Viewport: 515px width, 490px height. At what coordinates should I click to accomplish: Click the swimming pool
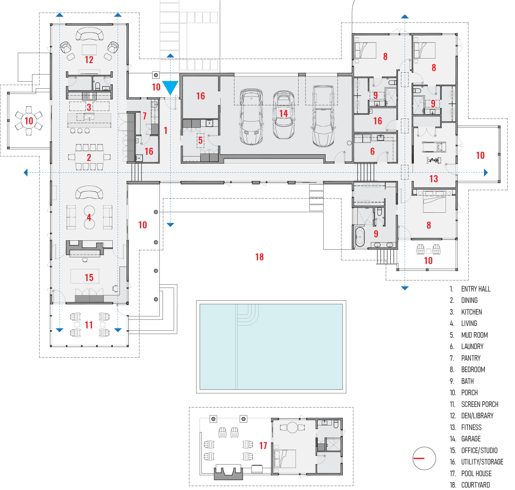coord(271,347)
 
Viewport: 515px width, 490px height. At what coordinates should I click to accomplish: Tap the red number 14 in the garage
coord(283,114)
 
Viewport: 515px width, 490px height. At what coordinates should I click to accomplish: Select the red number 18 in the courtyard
coord(259,257)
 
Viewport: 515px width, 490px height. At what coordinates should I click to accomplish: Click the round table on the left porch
coord(29,121)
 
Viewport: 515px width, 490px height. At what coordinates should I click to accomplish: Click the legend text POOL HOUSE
coord(476,473)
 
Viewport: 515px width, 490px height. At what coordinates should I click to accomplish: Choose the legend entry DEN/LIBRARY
coord(477,416)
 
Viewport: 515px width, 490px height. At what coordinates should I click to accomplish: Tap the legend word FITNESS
coord(471,427)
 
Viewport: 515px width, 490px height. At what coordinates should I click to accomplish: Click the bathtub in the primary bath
coord(360,237)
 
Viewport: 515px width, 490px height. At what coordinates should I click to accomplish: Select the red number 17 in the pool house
coord(263,446)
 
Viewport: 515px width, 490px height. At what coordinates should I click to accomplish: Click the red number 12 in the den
coord(89,60)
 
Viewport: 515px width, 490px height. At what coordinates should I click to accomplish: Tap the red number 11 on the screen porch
coord(89,325)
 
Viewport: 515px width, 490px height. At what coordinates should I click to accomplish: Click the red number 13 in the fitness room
coord(434,179)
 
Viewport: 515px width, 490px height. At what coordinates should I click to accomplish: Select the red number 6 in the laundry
coord(372,151)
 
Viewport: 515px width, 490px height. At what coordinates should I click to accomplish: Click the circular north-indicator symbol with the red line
coord(424,458)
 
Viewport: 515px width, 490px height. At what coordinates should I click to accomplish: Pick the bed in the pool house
coord(285,459)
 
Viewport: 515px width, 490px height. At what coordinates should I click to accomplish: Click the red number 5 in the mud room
coord(200,140)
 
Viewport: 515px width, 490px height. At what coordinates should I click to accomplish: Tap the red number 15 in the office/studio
coord(89,278)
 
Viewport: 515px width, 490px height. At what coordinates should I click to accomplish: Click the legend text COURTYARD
coord(476,485)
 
